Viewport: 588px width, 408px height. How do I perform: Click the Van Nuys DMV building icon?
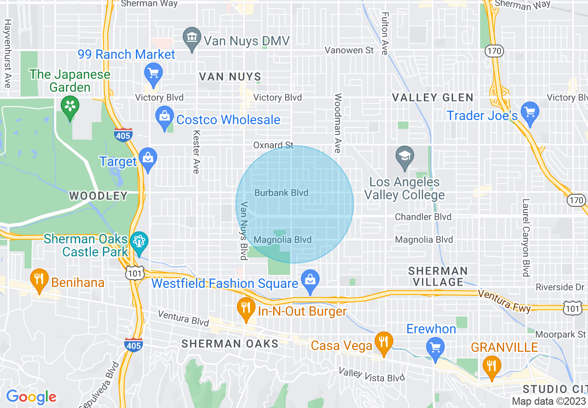point(192,40)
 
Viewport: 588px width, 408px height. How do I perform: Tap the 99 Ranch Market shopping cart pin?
point(153,73)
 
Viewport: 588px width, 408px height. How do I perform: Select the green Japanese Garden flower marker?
point(70,107)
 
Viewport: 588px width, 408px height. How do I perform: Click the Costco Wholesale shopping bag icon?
point(164,118)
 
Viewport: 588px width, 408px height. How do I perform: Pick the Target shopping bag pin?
point(148,159)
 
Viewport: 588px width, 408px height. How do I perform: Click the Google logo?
point(31,397)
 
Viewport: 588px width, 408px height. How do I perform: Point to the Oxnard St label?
point(273,145)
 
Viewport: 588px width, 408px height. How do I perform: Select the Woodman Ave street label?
point(337,123)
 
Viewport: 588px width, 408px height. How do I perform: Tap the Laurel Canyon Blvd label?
point(525,238)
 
